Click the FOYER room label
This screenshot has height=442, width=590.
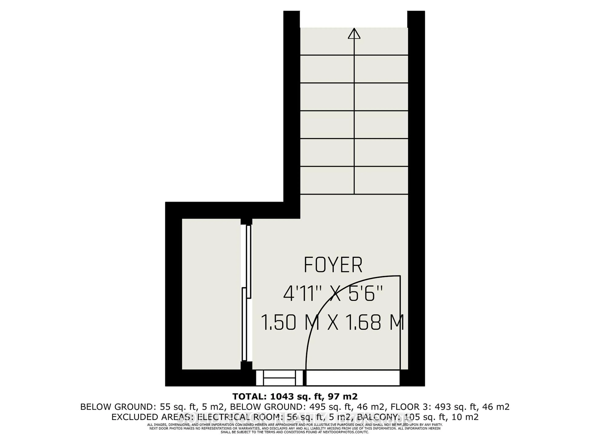click(333, 265)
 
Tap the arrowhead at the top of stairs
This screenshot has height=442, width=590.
click(354, 34)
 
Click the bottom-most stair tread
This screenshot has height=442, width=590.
click(354, 180)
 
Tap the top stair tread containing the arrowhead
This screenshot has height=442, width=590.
click(354, 41)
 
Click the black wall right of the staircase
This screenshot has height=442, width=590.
click(416, 160)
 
